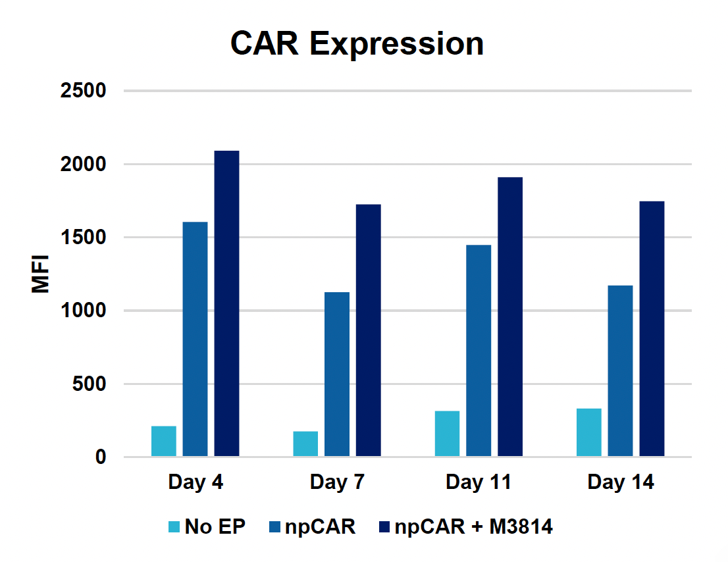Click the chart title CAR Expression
pos(357,44)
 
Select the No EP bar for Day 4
pos(164,442)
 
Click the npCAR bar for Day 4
pos(195,339)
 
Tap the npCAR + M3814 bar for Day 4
pos(226,303)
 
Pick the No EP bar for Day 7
pos(305,444)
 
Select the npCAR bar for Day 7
pos(337,374)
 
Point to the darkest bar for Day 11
pos(510,317)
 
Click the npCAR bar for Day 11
pos(479,351)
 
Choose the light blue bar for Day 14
pos(588,432)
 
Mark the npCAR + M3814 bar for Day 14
pos(652,328)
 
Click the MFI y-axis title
pos(41,274)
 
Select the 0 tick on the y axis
pos(100,457)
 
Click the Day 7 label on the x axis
pos(337,482)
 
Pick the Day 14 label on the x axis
pos(620,482)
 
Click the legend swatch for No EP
pos(174,527)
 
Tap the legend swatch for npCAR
pos(275,527)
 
